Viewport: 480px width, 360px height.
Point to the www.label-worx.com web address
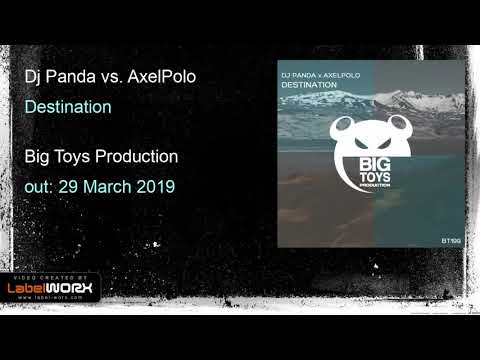click(61, 298)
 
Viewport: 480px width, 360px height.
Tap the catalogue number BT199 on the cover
click(448, 240)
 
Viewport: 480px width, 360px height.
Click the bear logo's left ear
click(341, 125)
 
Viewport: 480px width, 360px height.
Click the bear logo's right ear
click(409, 125)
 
